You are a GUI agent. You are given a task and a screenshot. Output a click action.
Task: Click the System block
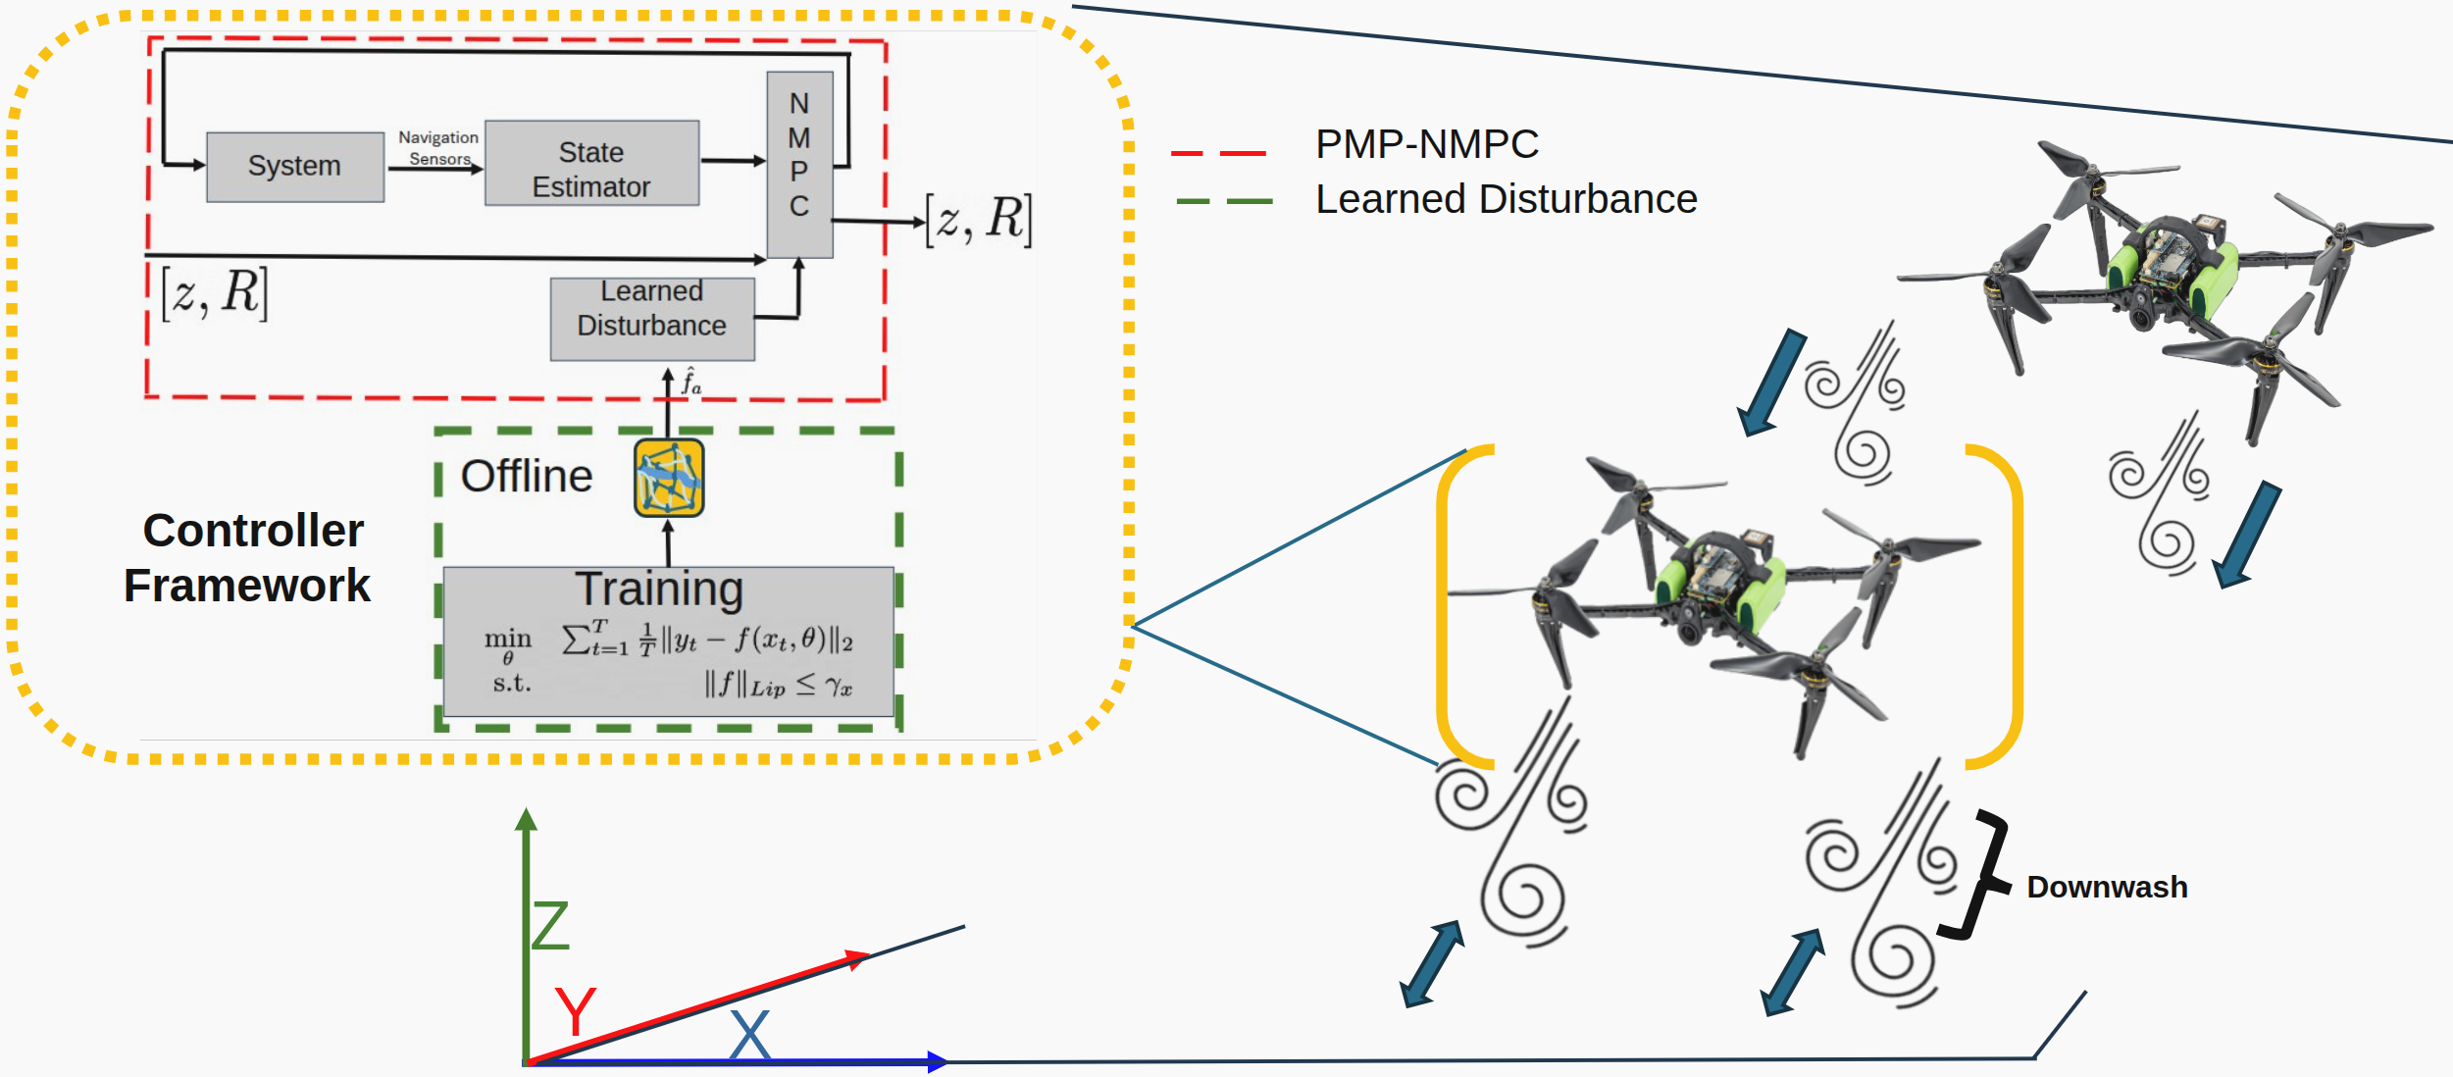pos(294,167)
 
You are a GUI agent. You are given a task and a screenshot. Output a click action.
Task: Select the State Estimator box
pos(591,165)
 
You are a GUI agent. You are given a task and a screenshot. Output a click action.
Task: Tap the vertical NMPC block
pos(799,164)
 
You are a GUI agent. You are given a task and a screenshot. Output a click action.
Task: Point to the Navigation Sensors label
pos(437,148)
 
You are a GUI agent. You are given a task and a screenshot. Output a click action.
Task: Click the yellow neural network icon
pos(668,478)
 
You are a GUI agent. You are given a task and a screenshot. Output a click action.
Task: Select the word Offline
pos(527,476)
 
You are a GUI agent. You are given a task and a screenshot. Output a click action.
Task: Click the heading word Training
pos(659,590)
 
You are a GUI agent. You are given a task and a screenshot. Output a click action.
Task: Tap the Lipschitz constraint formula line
pos(778,684)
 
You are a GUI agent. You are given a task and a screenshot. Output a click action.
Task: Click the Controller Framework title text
pos(250,558)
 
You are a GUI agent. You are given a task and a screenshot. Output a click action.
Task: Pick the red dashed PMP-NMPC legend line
pos(1218,153)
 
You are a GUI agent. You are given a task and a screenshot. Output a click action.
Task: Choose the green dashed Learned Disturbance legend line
pos(1224,201)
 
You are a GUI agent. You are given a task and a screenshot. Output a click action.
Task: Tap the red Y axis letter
pos(575,1010)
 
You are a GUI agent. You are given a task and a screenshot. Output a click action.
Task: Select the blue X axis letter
pos(750,1034)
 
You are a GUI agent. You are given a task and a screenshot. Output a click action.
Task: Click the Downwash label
pos(2106,887)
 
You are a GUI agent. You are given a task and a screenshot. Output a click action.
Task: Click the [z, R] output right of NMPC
pos(979,220)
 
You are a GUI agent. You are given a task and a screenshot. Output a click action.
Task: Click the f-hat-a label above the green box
pos(691,382)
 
